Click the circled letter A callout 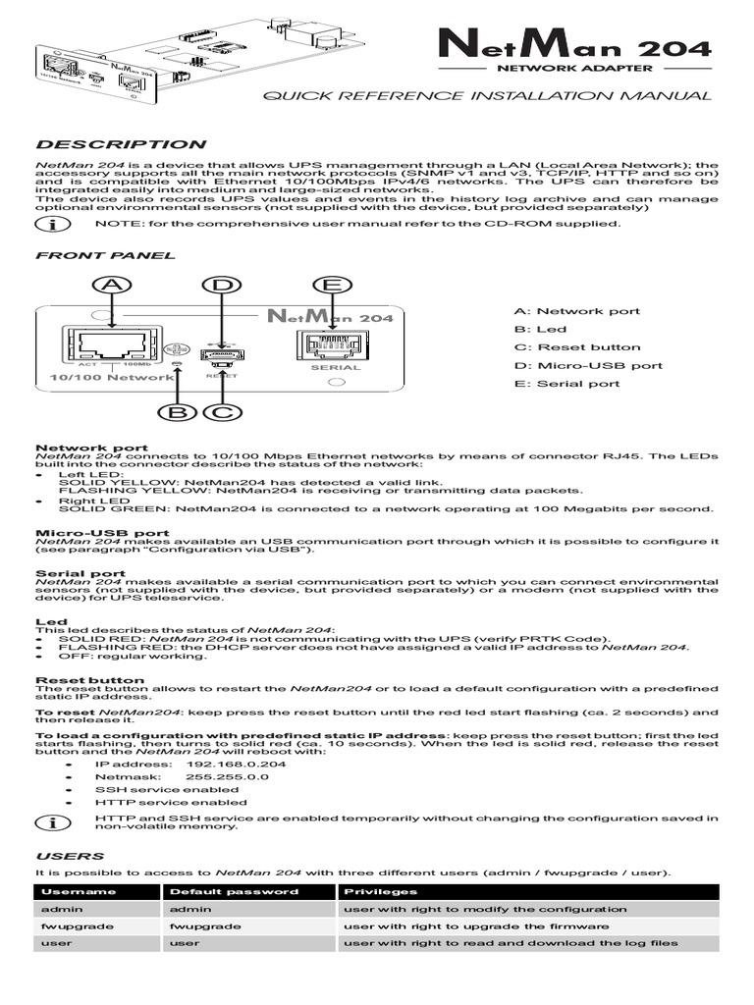(114, 285)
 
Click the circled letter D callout (222, 285)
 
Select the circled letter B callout (177, 412)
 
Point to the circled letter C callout (221, 412)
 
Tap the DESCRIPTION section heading (121, 144)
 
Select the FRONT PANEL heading (105, 255)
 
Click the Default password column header (234, 892)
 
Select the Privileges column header (379, 892)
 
